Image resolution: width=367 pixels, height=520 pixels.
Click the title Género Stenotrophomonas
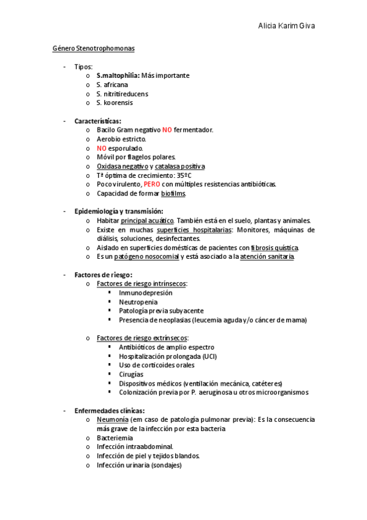(93, 48)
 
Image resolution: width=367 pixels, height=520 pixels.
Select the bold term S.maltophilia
(118, 75)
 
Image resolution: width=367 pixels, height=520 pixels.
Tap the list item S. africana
(112, 85)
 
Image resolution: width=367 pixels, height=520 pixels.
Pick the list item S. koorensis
(115, 102)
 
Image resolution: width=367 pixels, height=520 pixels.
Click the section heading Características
(98, 121)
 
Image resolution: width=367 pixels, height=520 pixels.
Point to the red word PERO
(152, 184)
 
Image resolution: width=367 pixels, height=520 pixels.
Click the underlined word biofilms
(173, 193)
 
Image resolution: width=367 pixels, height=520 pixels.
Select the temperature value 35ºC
(180, 175)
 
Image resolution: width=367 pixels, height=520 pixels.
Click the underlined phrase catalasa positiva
(180, 166)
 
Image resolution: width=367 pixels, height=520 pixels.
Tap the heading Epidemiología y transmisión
(119, 212)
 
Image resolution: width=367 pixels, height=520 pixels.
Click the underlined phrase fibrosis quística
(275, 247)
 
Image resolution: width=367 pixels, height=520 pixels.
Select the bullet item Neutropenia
(138, 302)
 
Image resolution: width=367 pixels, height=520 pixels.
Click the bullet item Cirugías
(132, 374)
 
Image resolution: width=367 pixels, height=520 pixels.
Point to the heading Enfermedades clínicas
(110, 410)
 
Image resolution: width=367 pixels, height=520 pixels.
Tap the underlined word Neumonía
(112, 419)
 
